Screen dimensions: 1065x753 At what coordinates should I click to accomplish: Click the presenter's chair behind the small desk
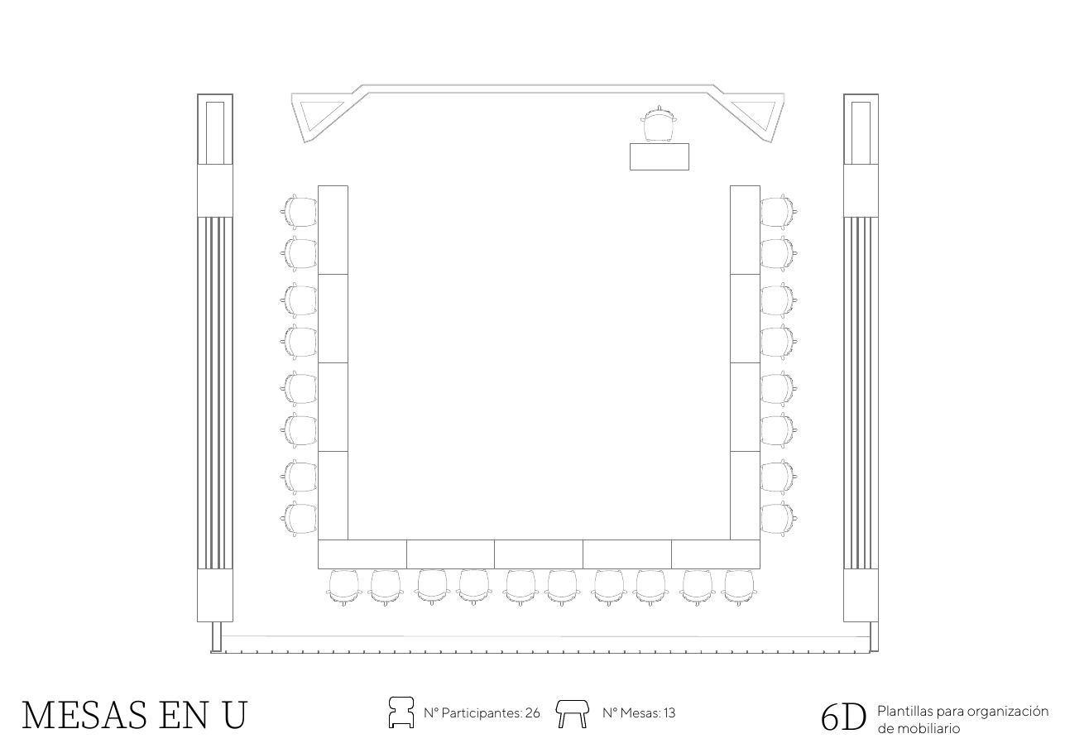[x=659, y=124]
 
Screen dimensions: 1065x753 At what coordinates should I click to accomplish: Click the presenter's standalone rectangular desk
[x=659, y=156]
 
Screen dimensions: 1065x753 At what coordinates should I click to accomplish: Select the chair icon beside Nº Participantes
[x=401, y=712]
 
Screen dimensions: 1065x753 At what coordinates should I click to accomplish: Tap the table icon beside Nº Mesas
[x=573, y=713]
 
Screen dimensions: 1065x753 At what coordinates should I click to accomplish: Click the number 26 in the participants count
[x=533, y=713]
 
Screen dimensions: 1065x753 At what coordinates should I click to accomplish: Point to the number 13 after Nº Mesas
[x=669, y=713]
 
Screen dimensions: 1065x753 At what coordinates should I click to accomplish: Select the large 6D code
[x=844, y=717]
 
